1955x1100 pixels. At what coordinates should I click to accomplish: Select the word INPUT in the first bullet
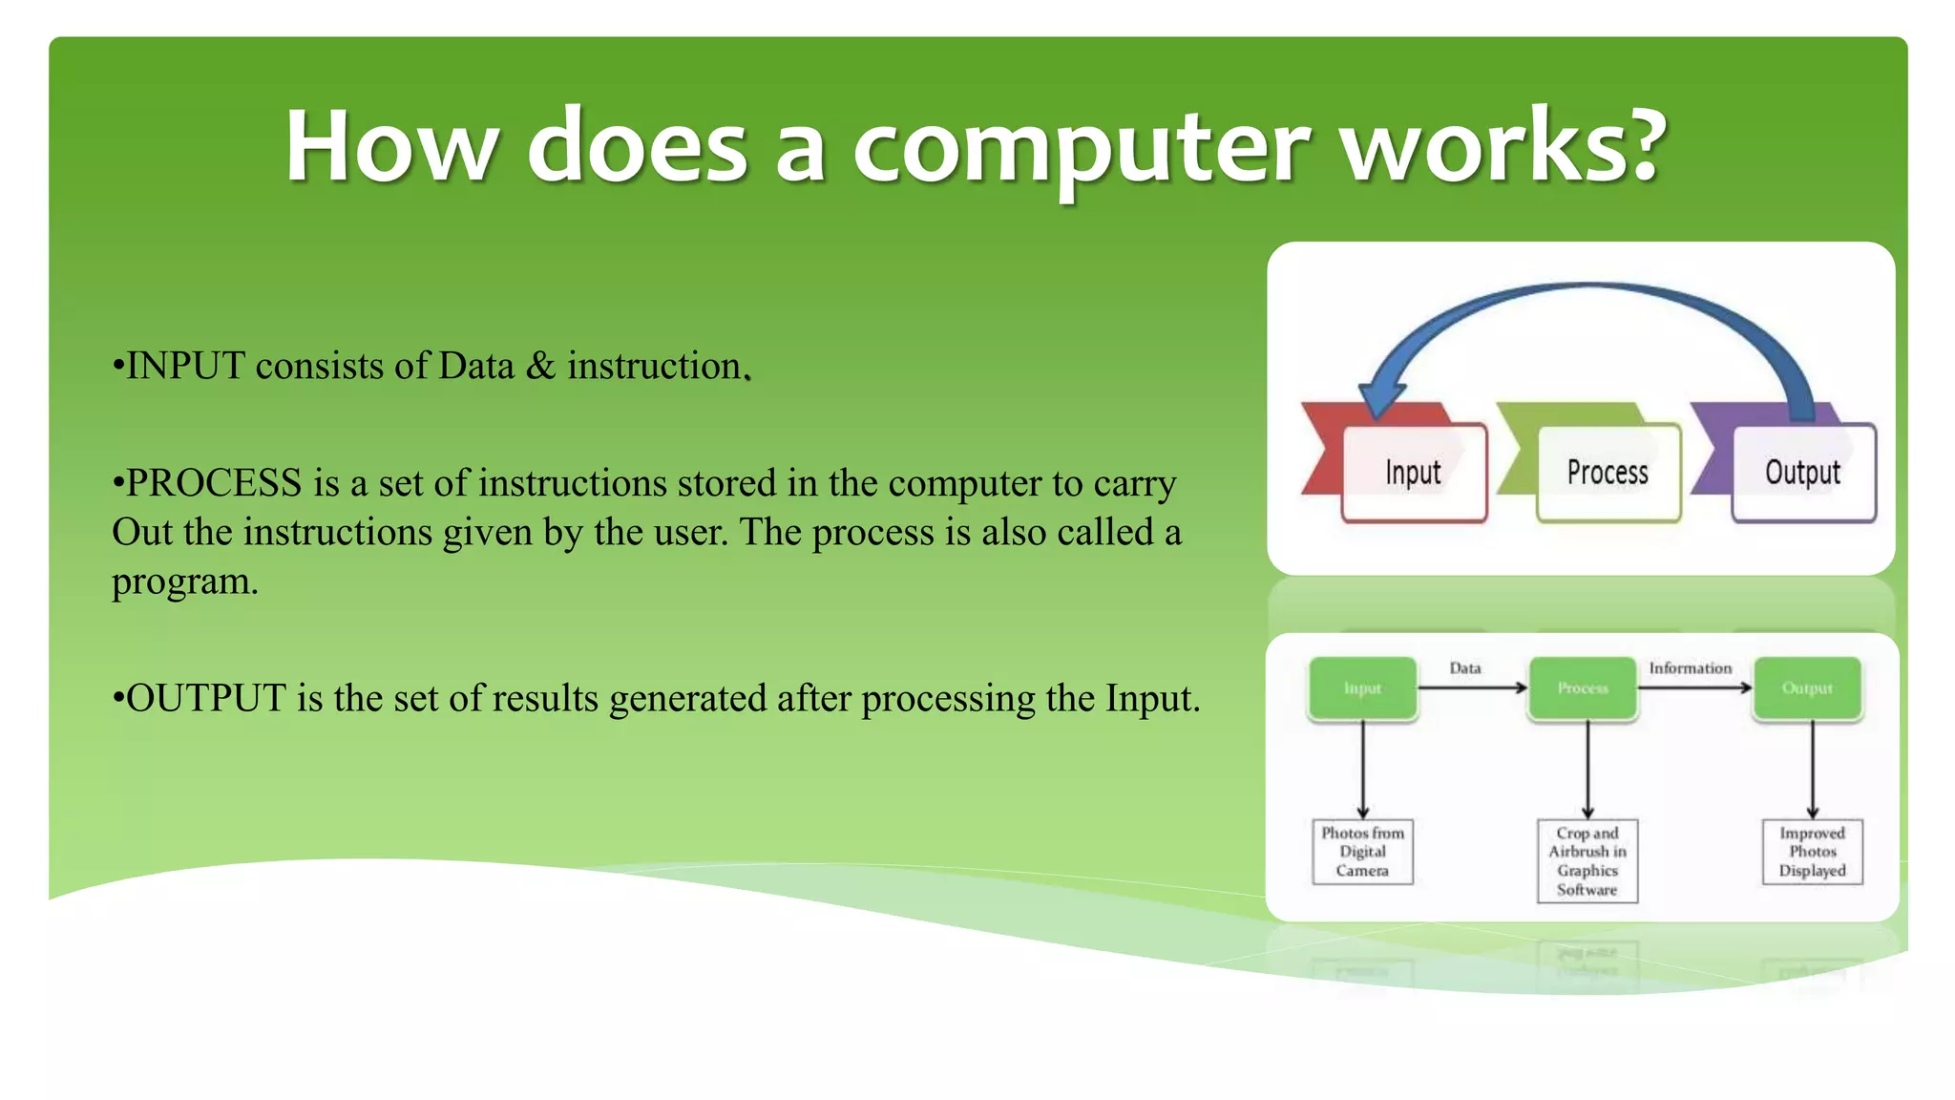185,367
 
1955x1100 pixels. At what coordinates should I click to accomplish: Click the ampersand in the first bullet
540,366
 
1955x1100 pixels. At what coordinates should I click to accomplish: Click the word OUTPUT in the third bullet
205,699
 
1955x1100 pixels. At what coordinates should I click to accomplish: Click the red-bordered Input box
1414,473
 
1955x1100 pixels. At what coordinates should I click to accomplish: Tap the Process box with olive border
1608,473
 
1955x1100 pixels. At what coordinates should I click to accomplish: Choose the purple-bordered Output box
1803,473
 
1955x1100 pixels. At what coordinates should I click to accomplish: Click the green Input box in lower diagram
1362,688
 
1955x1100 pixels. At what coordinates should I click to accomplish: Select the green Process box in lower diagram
1583,688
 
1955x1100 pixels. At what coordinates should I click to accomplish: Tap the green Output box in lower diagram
1807,688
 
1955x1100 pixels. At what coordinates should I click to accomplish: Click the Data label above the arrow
1465,668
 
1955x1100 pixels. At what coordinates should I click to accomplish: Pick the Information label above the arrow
1690,668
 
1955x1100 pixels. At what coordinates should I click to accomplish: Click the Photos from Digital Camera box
1362,852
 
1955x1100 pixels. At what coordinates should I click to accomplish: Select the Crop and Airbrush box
1587,860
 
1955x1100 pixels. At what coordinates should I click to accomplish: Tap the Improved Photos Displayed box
1812,852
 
